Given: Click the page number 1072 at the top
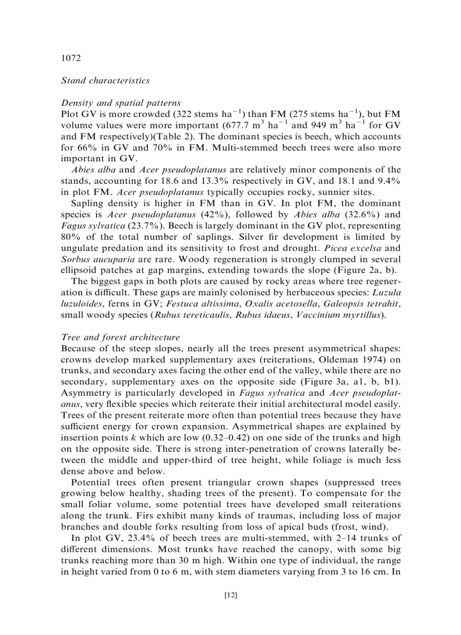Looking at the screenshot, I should (71, 58).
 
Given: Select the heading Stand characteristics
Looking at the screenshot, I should (105, 80).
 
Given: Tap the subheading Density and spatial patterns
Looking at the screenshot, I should (120, 103).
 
